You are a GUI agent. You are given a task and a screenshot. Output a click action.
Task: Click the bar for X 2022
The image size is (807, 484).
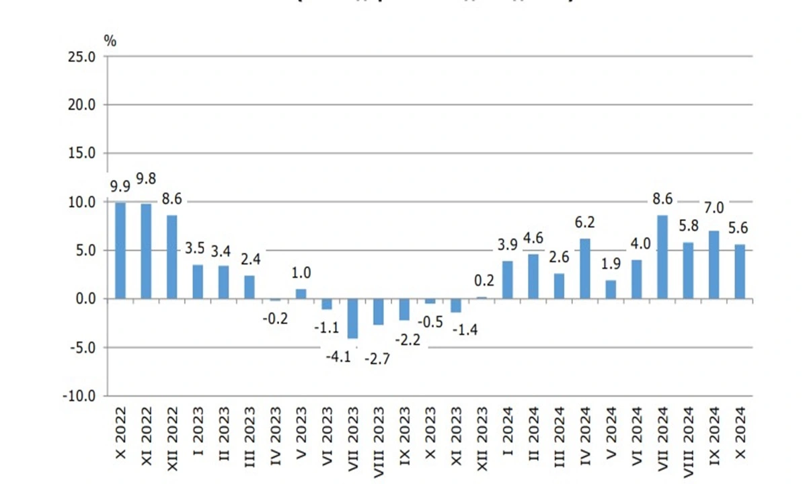coord(120,250)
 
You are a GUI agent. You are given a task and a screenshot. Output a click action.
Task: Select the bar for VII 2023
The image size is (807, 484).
coord(352,319)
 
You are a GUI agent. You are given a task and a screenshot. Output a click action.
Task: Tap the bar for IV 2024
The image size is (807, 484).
coord(584,268)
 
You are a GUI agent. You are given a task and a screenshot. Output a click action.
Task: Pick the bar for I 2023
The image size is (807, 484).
coord(198,282)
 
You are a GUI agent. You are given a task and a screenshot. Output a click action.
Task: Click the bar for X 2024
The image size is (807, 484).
coord(740,272)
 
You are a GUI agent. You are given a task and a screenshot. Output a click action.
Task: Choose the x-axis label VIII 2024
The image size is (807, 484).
coord(688,434)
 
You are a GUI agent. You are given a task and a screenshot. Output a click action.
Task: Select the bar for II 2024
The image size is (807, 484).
coord(533,276)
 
